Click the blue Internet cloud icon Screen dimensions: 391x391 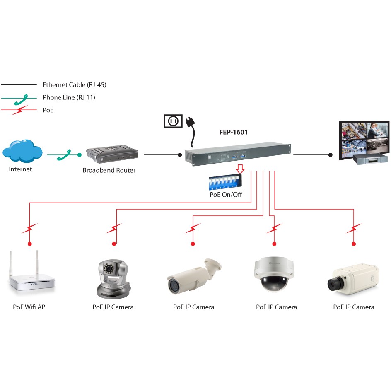tap(22, 151)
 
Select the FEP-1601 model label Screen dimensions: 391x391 tap(233, 133)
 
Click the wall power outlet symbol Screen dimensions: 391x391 tap(173, 121)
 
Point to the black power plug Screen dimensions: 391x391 tap(190, 123)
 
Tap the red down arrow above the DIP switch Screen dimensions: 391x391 tap(239, 169)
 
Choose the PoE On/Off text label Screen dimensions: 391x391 tap(226, 194)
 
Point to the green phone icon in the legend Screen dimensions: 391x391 tap(19, 99)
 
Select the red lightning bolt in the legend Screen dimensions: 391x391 tap(19, 110)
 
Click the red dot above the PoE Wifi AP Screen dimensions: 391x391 tap(29, 244)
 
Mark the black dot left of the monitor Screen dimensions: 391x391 tap(330, 155)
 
